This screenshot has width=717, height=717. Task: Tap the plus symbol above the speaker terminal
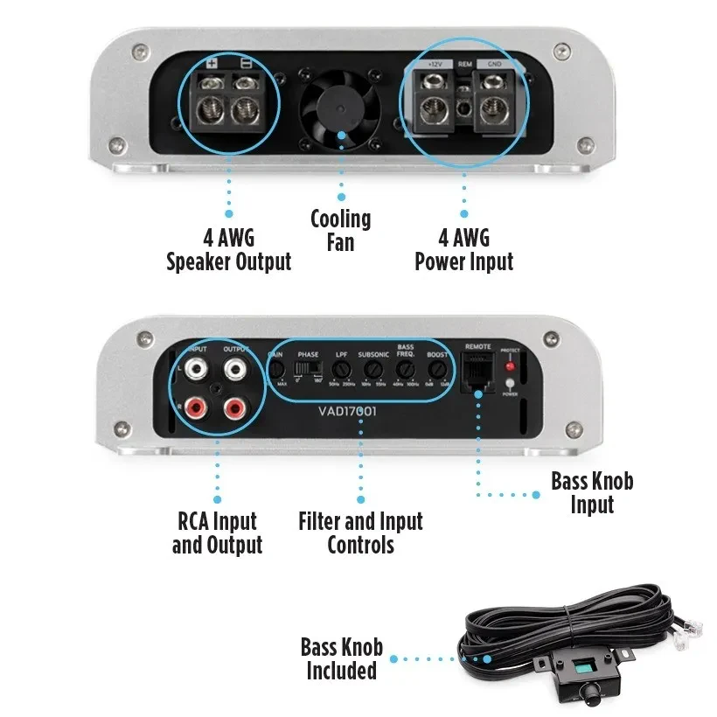(211, 63)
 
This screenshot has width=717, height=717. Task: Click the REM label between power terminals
(465, 64)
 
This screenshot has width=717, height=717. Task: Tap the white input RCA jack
(193, 369)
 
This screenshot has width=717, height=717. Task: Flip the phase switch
(307, 370)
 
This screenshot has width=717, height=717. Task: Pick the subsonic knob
(372, 372)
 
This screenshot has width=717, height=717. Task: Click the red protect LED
(510, 366)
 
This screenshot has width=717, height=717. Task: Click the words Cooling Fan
(341, 229)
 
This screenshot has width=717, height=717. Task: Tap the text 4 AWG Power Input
(463, 249)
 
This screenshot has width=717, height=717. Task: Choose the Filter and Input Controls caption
(360, 533)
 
